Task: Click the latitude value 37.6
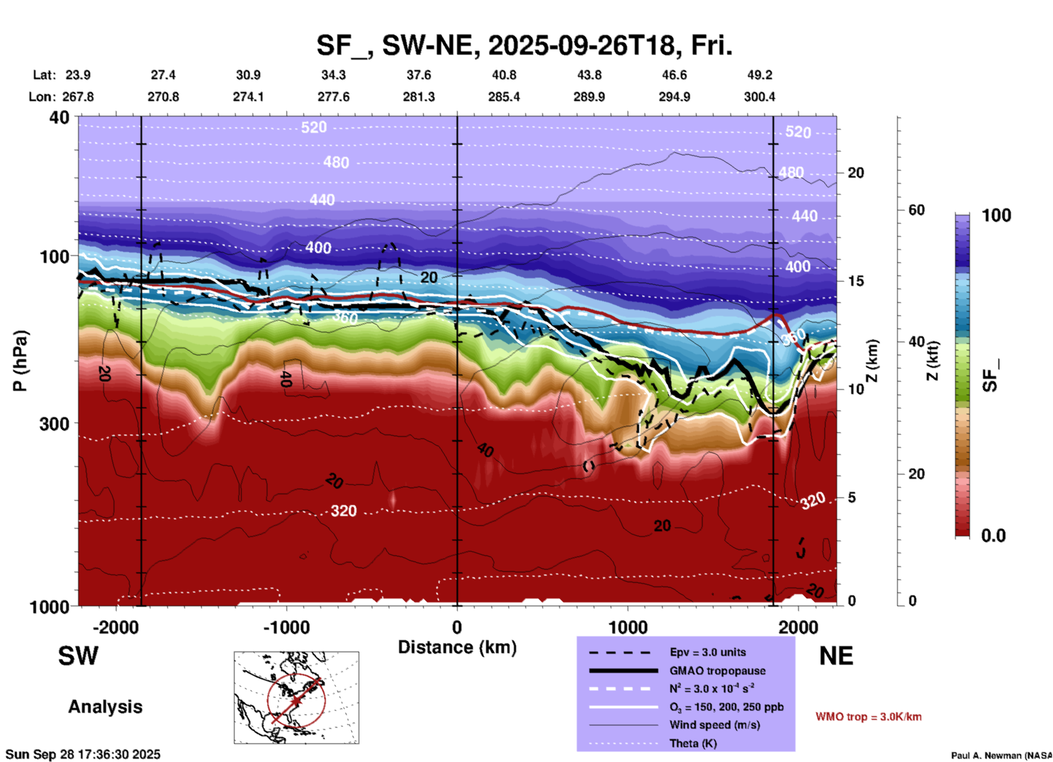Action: pos(419,75)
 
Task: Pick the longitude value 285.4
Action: pos(504,97)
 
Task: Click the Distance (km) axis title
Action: pos(457,647)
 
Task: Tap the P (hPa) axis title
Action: pos(20,361)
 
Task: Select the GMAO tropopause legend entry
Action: pos(717,671)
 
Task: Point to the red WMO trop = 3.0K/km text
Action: pos(868,717)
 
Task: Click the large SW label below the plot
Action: pos(78,656)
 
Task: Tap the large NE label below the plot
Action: pos(836,656)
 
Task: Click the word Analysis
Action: pos(105,707)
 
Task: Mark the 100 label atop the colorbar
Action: pos(996,215)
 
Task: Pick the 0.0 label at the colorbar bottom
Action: pos(993,535)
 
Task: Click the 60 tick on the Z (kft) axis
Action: pos(916,210)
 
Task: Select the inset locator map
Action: pos(296,697)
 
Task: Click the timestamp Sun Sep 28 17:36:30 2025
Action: pos(83,754)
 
